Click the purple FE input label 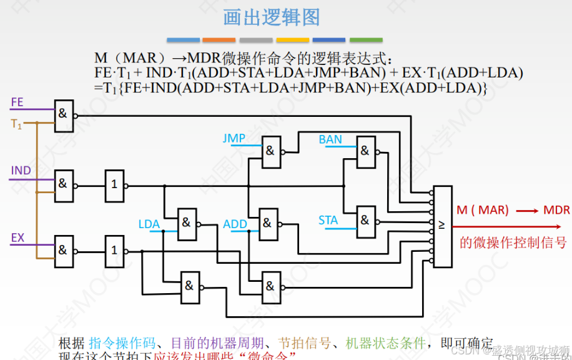tap(17, 101)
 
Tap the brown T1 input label tap(16, 124)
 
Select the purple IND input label tap(21, 171)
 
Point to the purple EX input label tap(17, 237)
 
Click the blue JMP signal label tap(234, 138)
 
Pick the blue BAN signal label tap(330, 139)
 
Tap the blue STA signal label tap(328, 220)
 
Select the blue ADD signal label tap(235, 224)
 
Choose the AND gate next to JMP tap(270, 151)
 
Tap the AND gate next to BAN tap(365, 151)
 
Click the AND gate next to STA tap(365, 221)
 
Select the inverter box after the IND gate tap(114, 186)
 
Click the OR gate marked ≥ tap(442, 226)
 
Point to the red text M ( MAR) tap(482, 210)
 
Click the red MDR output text tap(556, 210)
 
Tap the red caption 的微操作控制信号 tap(513, 242)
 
